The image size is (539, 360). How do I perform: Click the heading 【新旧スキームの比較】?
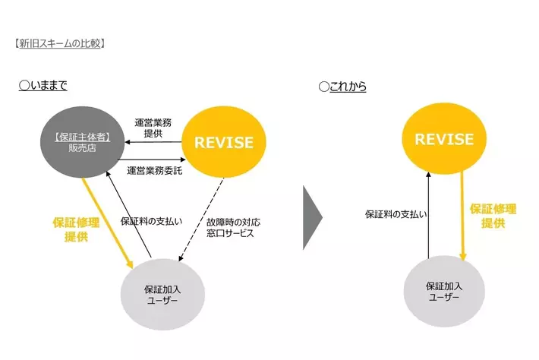coord(58,43)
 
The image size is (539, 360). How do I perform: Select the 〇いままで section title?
coord(43,86)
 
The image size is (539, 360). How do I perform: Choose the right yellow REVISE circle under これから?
coord(444,140)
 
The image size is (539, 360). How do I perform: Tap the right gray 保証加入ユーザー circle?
coord(444,291)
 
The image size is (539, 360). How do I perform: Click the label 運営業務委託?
coord(155,170)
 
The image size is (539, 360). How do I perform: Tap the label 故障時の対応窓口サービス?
coord(233,228)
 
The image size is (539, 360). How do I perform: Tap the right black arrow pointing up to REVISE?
coord(429,216)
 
